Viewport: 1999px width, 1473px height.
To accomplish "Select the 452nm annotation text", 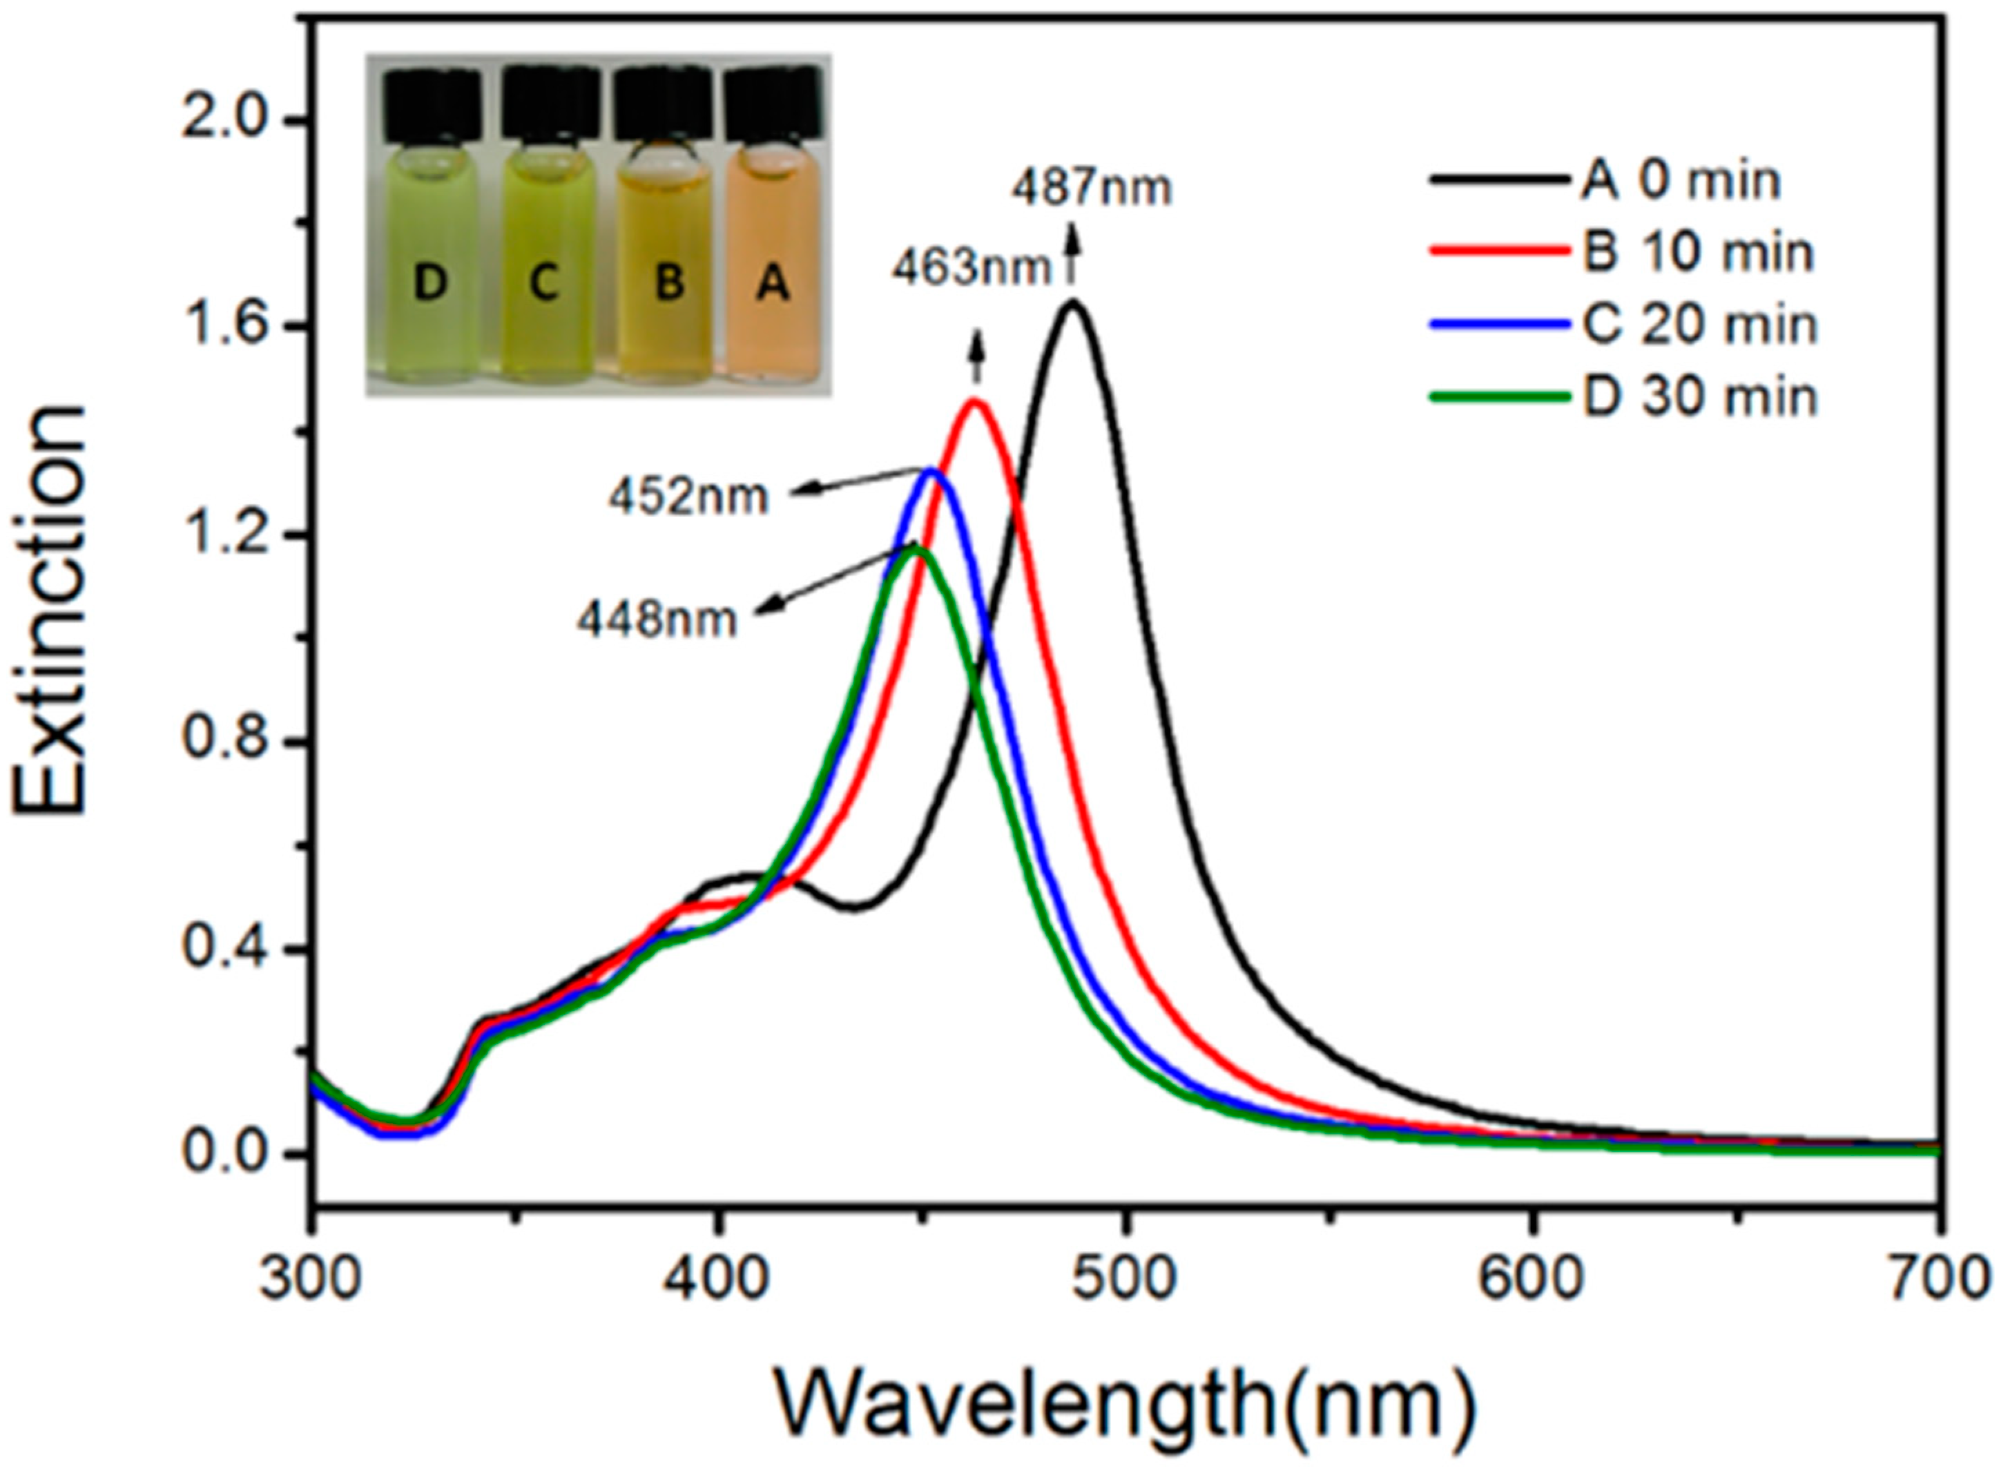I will (688, 497).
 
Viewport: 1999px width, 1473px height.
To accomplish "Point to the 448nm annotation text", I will (657, 619).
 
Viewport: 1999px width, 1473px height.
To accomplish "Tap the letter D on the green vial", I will (431, 285).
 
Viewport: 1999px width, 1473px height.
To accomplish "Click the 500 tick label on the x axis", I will (1126, 1279).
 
